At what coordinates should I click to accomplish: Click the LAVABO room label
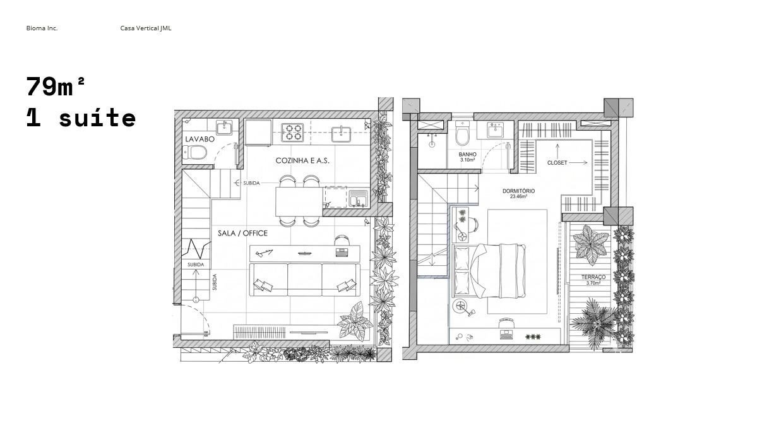pos(199,140)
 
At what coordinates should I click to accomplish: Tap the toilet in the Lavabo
pos(194,152)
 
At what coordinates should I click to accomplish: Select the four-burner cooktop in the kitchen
pos(292,133)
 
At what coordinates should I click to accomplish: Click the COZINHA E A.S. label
pos(302,160)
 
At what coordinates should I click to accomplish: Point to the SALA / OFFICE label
pos(242,233)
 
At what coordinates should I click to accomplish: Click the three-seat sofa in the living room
pos(305,280)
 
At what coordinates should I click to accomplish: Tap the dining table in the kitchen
pos(299,201)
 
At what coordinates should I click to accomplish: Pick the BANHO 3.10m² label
pos(468,157)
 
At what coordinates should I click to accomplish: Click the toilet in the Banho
pos(462,134)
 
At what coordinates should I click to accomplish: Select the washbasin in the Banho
pos(496,130)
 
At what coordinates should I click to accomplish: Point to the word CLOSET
pos(557,163)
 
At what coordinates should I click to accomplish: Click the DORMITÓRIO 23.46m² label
pos(519,193)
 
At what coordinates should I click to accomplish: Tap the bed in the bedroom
pos(489,271)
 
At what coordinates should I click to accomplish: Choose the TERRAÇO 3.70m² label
pos(593,280)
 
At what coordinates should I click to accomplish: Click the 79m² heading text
pos(56,86)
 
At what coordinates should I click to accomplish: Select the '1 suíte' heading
pos(81,117)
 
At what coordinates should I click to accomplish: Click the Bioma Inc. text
pos(42,28)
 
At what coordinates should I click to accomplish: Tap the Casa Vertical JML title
pos(146,28)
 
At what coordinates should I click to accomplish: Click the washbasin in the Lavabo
pos(225,128)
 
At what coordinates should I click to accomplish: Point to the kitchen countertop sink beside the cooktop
pos(341,134)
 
